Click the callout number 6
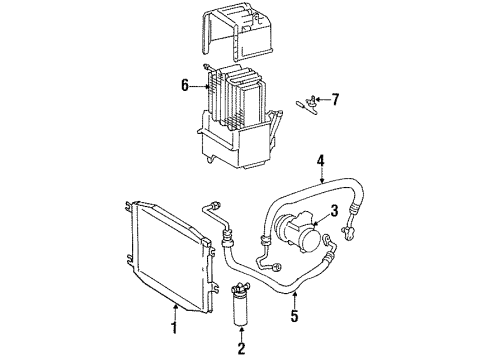(183, 86)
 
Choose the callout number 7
(336, 99)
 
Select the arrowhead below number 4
(321, 178)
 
